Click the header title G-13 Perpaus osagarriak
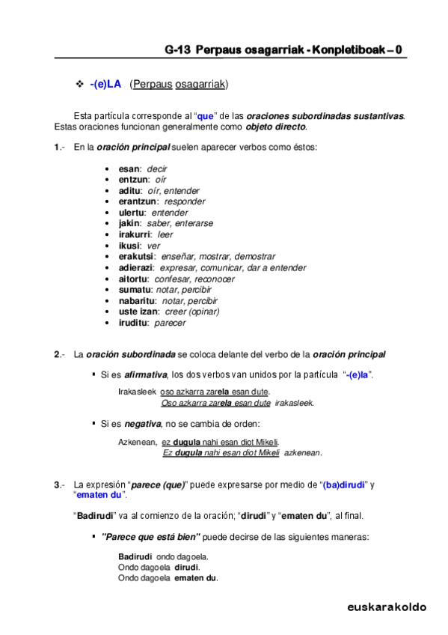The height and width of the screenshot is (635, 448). point(283,50)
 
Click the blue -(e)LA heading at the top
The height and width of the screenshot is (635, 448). point(105,85)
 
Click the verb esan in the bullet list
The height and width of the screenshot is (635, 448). point(129,169)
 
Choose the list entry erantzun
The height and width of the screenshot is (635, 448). point(138,201)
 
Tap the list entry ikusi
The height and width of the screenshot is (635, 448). point(129,246)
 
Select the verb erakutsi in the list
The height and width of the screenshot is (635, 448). point(137,257)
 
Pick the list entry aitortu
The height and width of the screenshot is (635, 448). point(134,279)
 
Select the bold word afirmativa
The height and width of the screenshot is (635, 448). point(146,374)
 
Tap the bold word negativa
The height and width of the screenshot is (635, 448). point(142,425)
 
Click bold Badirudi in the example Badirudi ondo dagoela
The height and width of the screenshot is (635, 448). point(135,556)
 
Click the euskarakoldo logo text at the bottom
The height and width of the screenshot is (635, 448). point(386,607)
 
